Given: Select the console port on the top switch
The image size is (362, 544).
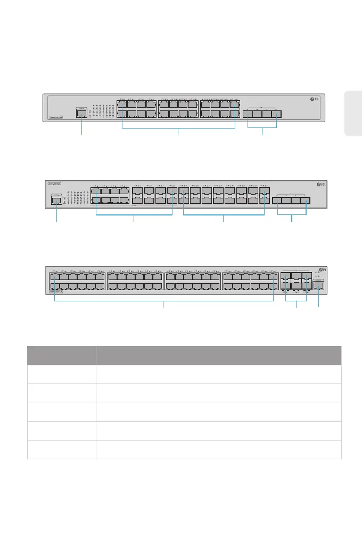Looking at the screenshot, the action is point(81,113).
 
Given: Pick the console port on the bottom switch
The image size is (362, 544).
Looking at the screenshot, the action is point(318,285).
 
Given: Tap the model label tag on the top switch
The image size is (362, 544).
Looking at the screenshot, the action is point(56,117).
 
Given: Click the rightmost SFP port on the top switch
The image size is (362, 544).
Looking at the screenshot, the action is point(276,114).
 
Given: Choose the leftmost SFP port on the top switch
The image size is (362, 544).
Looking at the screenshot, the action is point(248,114).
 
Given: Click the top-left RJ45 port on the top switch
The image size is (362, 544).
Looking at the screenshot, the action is point(122,104).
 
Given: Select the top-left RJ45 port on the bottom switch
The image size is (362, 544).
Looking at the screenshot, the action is point(55,276).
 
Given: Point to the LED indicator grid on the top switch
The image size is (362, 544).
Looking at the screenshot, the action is point(101,110).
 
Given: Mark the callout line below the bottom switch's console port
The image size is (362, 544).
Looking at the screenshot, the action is point(318,299).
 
